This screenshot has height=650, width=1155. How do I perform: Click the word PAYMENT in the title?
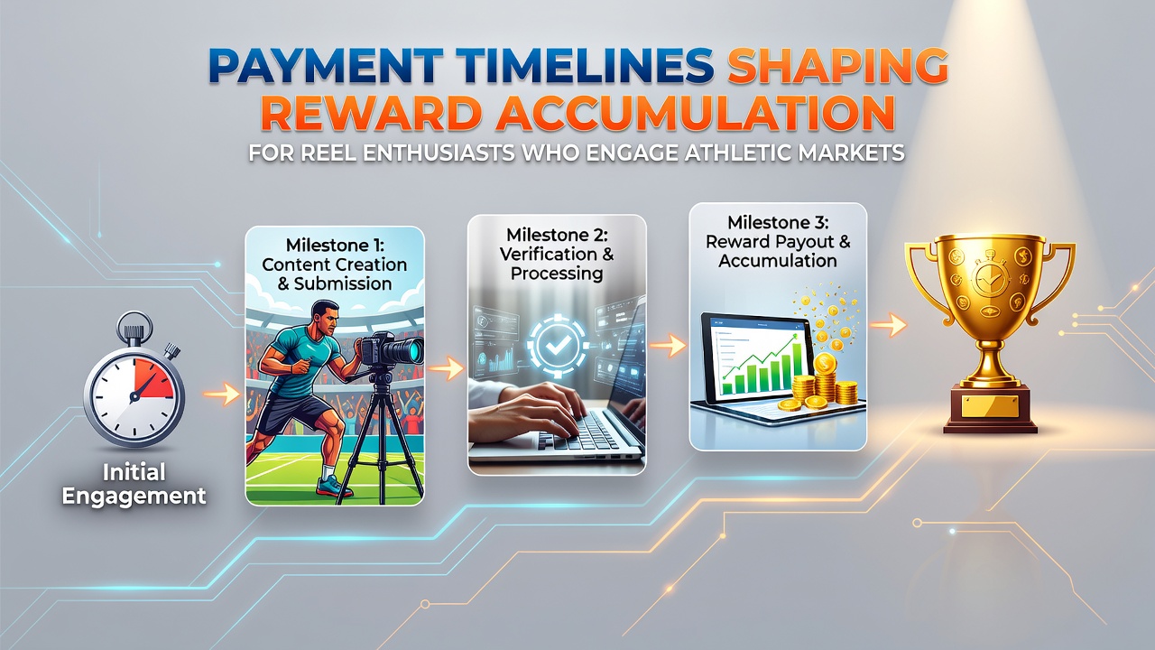tap(325, 66)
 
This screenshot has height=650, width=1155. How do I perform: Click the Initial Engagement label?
tap(134, 484)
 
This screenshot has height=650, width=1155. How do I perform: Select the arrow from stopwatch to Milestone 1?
tap(222, 395)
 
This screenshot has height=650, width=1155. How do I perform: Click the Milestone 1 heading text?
tap(335, 265)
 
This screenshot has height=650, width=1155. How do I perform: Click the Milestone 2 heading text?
tap(557, 254)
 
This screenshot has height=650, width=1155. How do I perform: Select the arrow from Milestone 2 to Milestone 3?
tap(669, 345)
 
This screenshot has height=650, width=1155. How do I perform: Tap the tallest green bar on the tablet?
tap(797, 366)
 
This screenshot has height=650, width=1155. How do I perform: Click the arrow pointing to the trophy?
tap(888, 325)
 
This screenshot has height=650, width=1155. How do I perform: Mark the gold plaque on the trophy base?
tap(989, 406)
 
